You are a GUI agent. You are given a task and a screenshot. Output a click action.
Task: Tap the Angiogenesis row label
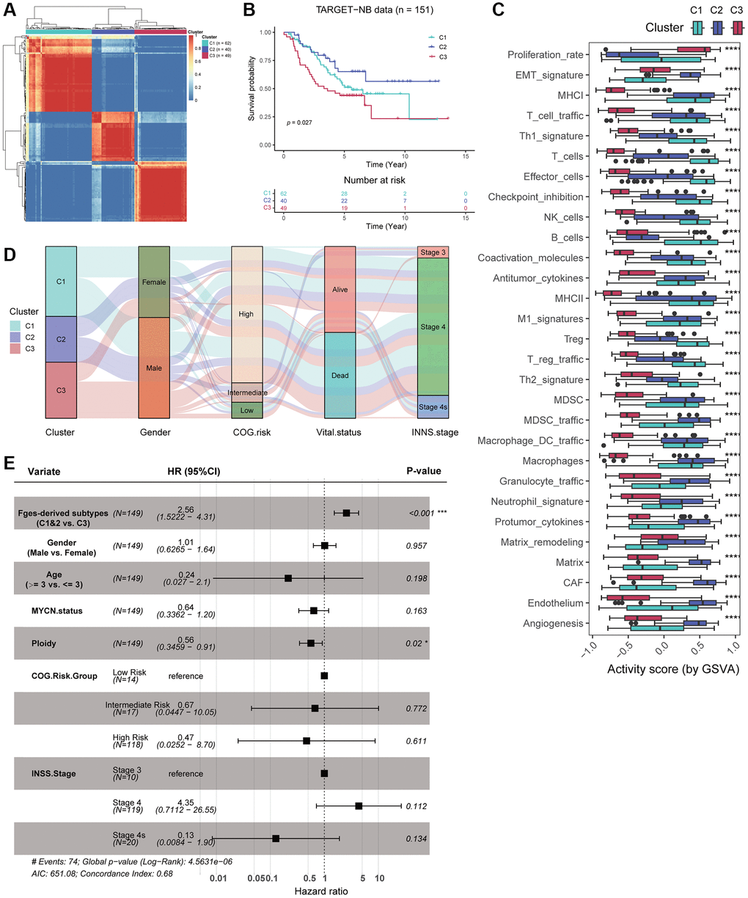(x=553, y=624)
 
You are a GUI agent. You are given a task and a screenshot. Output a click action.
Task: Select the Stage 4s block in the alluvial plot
(x=433, y=407)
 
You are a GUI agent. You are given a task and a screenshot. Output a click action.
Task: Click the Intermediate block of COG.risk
(x=247, y=393)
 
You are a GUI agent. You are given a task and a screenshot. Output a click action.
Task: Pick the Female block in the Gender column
(x=154, y=282)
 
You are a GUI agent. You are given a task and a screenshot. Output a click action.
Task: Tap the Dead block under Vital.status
(x=340, y=375)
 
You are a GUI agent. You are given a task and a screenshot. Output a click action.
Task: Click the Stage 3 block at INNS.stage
(x=433, y=252)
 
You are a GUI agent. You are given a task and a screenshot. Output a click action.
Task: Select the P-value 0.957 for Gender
(x=416, y=546)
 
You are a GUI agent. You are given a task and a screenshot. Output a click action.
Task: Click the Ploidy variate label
(x=43, y=643)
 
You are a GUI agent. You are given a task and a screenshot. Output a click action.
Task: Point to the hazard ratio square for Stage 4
(x=359, y=806)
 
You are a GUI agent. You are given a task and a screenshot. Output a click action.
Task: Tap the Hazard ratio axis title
(x=321, y=891)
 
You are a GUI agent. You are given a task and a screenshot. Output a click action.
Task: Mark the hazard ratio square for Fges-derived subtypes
(x=346, y=512)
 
